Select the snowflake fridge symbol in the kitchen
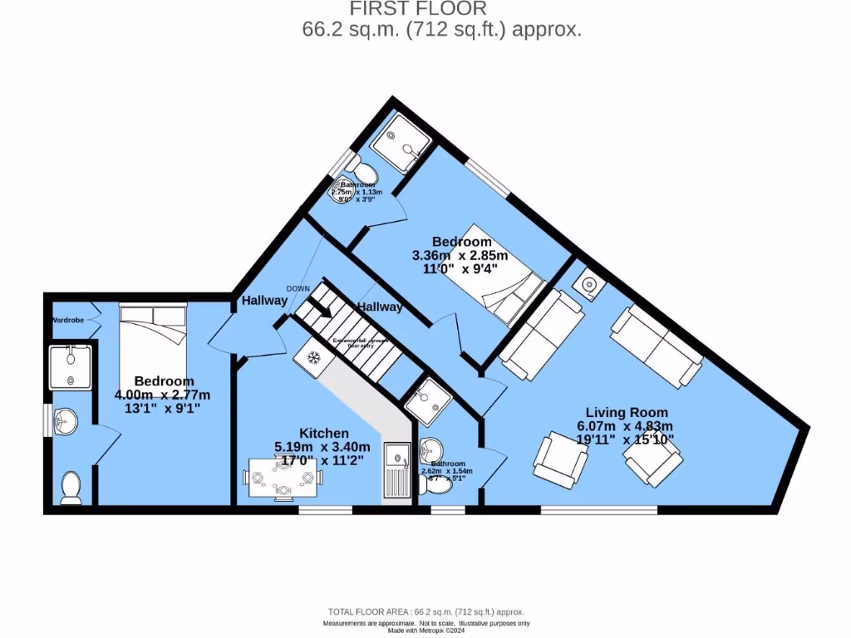[x=314, y=358]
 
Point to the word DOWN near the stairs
[x=298, y=288]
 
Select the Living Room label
[x=626, y=412]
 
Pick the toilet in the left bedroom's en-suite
[x=71, y=488]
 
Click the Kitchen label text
[x=324, y=433]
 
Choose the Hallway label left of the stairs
[x=264, y=301]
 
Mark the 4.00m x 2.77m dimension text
[x=163, y=395]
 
